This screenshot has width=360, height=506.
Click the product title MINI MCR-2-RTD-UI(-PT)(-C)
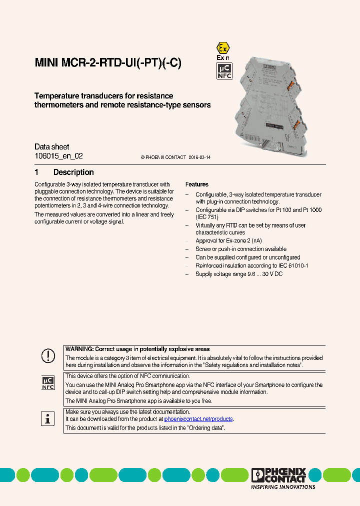click(x=107, y=63)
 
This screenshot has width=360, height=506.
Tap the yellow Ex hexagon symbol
click(x=223, y=48)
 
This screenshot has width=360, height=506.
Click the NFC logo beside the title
click(x=224, y=70)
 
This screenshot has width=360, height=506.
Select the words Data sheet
click(x=52, y=147)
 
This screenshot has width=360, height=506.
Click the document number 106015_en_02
click(x=58, y=156)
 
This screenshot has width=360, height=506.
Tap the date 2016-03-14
click(x=199, y=157)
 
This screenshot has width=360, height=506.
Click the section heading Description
click(x=73, y=172)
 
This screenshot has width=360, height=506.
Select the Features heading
click(x=197, y=184)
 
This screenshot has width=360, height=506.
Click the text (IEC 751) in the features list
click(x=207, y=217)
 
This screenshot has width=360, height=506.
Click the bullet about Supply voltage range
click(x=239, y=274)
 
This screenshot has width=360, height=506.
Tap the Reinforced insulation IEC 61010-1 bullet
click(x=251, y=266)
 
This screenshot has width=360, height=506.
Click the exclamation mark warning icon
click(x=48, y=356)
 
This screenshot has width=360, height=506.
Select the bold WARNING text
click(x=137, y=349)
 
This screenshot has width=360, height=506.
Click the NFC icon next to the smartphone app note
click(x=48, y=383)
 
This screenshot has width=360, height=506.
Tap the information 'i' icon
click(x=48, y=418)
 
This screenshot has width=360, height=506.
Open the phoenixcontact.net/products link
click(x=198, y=419)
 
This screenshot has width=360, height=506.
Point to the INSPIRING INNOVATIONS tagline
click(x=283, y=486)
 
